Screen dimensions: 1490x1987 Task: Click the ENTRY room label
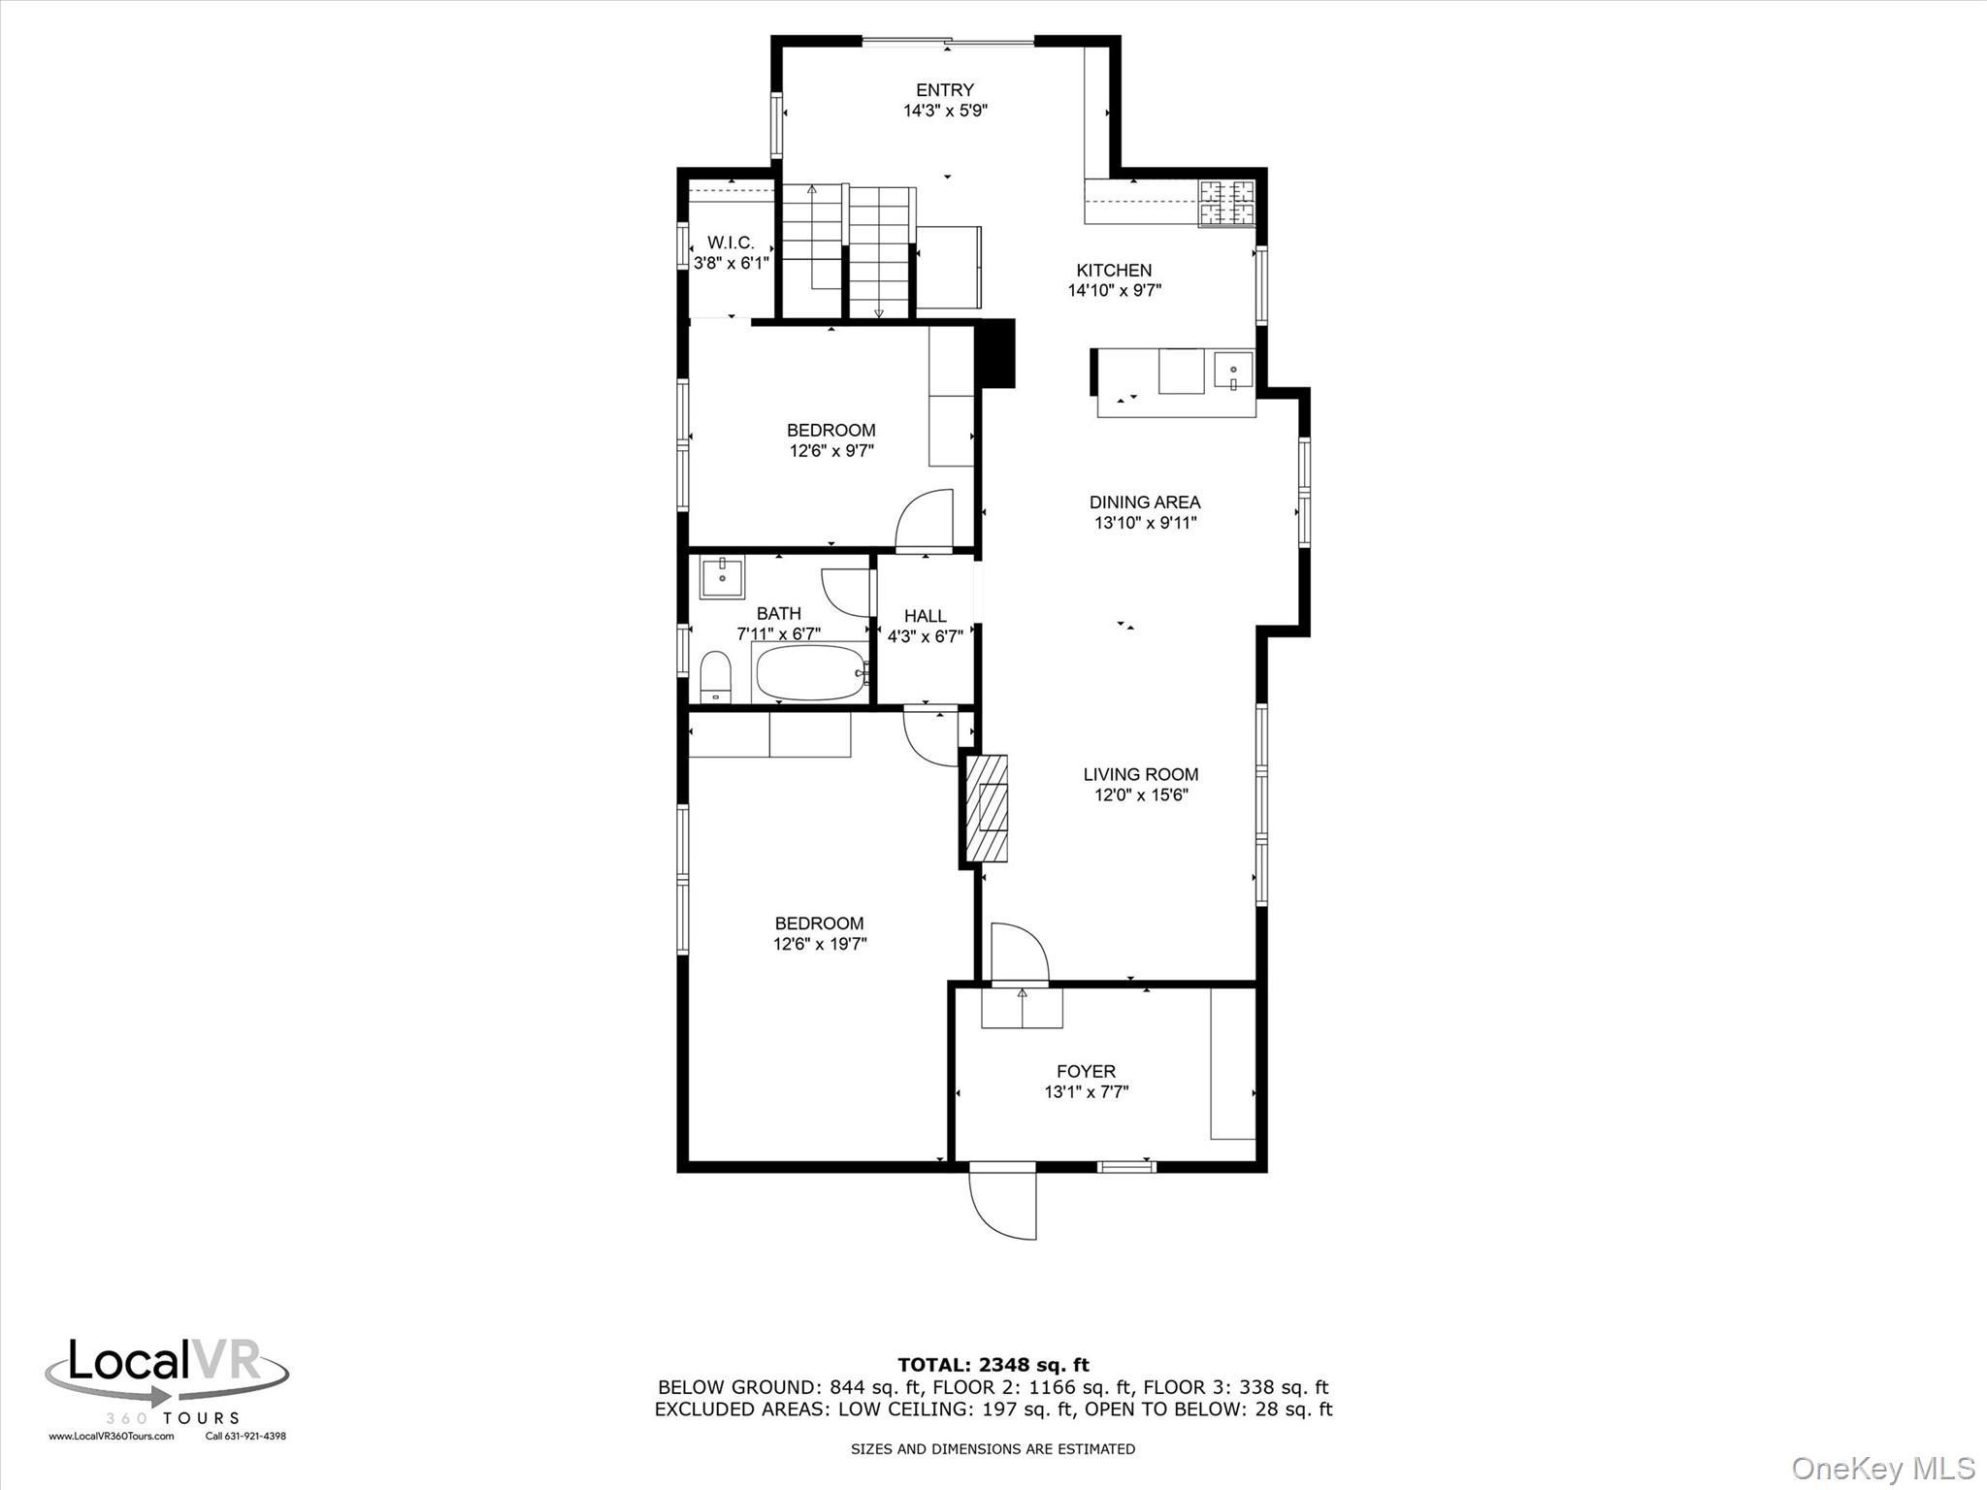pos(944,90)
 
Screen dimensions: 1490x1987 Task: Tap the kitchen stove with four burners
pos(1226,204)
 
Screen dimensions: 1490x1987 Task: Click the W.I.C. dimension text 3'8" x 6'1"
pos(731,262)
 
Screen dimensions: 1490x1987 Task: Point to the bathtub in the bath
pos(810,673)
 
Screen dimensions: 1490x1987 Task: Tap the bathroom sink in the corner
pos(722,578)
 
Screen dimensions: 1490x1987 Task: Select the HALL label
pos(925,616)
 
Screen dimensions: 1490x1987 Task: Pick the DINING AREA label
pos(1144,502)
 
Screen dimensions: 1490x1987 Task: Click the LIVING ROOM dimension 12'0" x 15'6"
pos(1141,795)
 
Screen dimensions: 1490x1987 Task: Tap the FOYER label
pos(1086,1071)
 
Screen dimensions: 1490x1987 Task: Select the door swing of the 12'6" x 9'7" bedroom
pos(925,521)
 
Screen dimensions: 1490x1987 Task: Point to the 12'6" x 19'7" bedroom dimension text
pos(819,944)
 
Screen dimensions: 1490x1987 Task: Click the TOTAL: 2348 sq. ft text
pos(993,1365)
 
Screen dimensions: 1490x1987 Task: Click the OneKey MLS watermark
pos(1883,1468)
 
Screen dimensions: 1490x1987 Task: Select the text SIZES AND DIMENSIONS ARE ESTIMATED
pos(993,1449)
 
